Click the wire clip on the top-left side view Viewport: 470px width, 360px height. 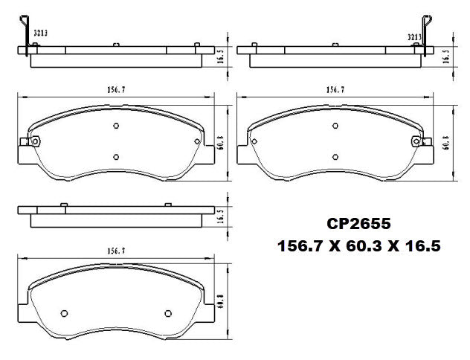point(28,34)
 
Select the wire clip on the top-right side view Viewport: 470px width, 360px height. point(426,33)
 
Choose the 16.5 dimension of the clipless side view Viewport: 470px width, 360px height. point(221,216)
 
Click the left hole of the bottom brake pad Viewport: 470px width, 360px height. point(63,312)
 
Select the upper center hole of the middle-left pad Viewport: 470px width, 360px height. point(116,126)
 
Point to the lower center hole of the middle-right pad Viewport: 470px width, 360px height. point(335,156)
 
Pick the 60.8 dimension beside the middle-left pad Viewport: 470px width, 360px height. point(221,141)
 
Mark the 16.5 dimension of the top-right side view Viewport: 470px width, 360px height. point(445,56)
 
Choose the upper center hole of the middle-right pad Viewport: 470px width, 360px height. point(335,126)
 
